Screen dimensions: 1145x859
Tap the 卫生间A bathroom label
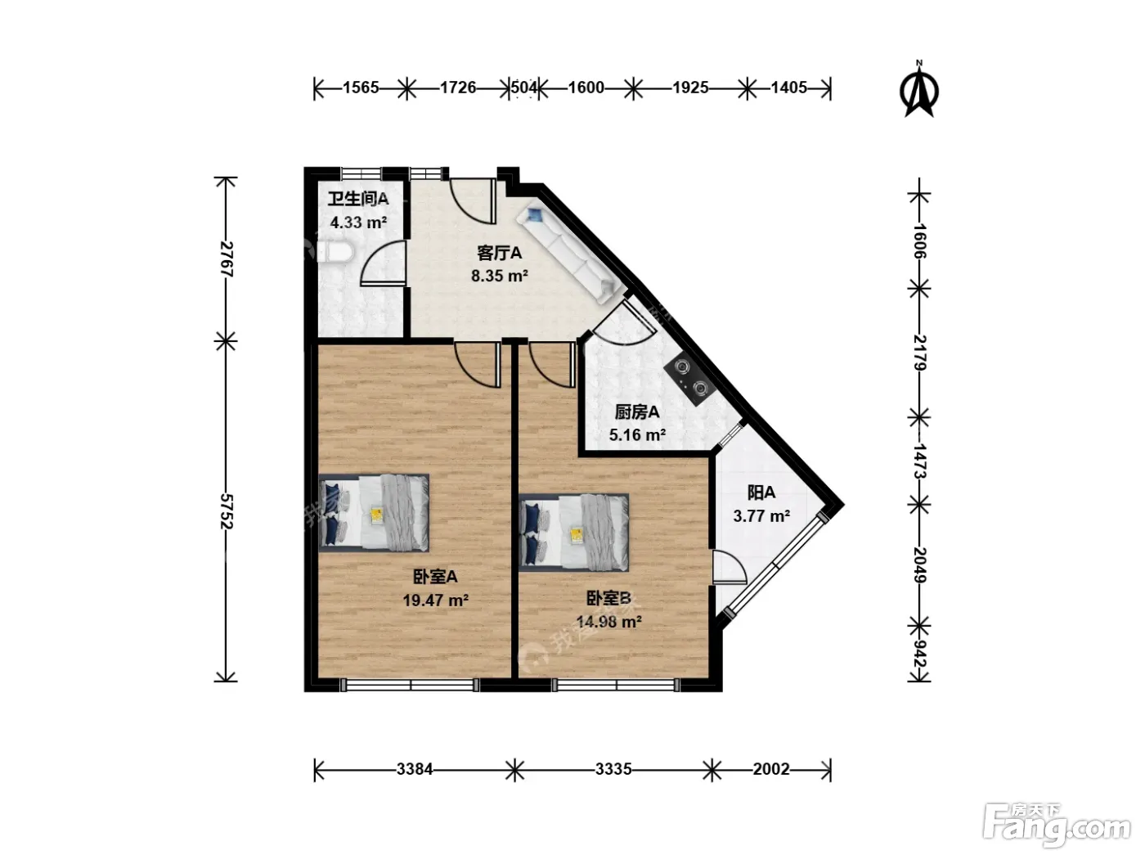coord(358,199)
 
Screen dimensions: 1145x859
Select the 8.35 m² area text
coord(499,276)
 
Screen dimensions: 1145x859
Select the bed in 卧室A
coord(374,513)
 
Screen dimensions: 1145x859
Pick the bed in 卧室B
coord(574,532)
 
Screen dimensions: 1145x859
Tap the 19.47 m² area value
coord(436,600)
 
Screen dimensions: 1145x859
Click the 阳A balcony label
coord(761,492)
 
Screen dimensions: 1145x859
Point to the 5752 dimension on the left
coord(227,511)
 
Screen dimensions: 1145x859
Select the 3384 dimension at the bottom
coord(415,769)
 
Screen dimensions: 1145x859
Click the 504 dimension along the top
coord(523,87)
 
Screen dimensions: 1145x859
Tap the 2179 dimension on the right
coord(919,353)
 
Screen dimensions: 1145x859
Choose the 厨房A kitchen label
coord(636,412)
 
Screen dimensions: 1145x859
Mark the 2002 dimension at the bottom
coord(771,769)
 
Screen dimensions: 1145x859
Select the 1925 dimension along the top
coord(690,87)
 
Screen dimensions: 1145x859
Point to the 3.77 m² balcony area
coord(761,516)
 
